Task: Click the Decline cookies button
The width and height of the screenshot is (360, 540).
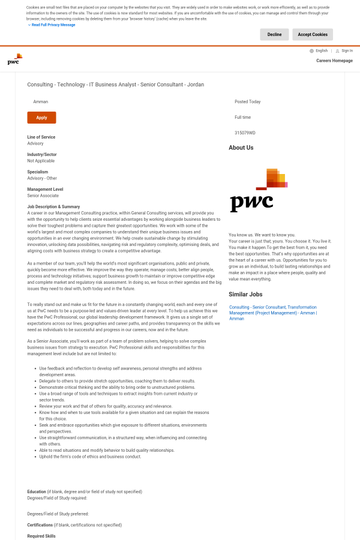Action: tap(274, 34)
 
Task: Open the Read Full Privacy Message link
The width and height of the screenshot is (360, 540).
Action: tap(53, 25)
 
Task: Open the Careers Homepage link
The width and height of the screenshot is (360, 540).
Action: tap(334, 61)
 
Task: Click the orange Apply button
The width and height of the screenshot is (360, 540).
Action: tap(41, 118)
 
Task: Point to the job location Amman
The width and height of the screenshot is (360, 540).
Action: tap(40, 102)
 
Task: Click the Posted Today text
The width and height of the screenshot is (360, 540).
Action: tap(247, 102)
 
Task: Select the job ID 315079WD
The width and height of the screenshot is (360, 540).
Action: tap(245, 133)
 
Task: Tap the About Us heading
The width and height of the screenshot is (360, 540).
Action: tap(241, 148)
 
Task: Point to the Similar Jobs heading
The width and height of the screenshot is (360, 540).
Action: tap(245, 294)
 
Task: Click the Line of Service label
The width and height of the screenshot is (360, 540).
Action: tap(41, 137)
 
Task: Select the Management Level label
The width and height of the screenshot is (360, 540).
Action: tap(45, 189)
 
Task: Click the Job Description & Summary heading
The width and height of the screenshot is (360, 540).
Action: tap(53, 206)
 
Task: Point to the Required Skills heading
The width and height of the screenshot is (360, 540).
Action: tap(41, 536)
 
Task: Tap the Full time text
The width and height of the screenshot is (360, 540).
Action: tap(242, 117)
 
